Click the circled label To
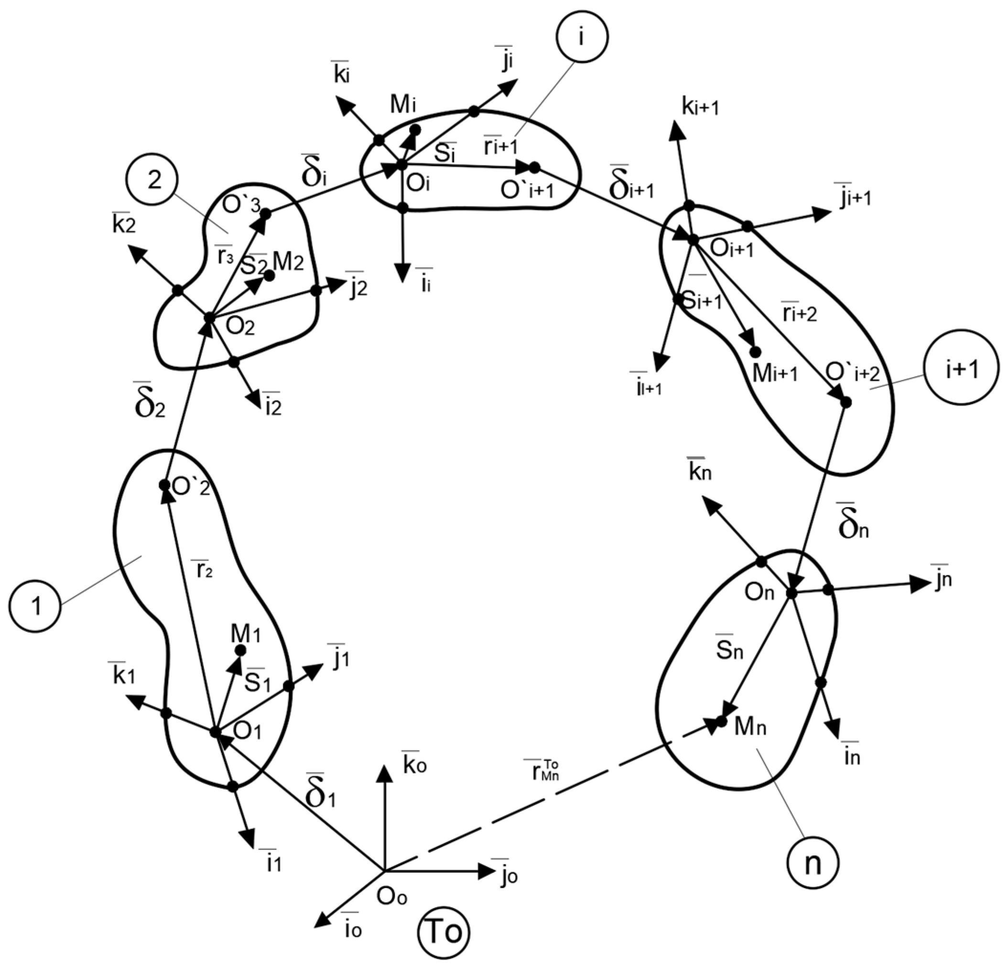[x=444, y=932]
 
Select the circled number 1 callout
[x=35, y=607]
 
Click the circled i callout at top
[x=581, y=39]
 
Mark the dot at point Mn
[x=722, y=722]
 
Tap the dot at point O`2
[x=164, y=485]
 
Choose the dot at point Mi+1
[x=756, y=352]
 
